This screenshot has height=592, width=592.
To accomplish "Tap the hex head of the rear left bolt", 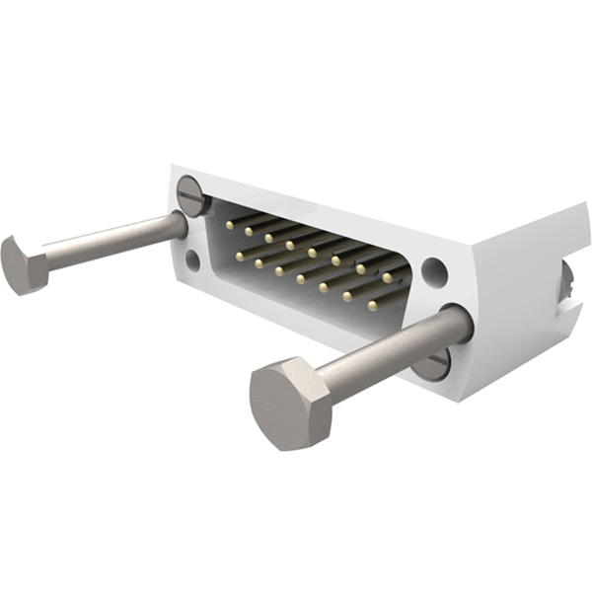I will point(23,263).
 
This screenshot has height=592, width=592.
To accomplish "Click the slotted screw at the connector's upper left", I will point(191,191).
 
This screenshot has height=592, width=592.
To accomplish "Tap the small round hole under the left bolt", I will point(191,260).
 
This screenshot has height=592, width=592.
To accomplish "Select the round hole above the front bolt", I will point(434,269).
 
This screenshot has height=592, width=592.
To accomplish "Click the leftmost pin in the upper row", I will point(229,224).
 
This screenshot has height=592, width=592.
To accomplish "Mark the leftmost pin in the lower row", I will point(239,257).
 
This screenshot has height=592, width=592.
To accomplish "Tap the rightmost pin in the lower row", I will point(372,306).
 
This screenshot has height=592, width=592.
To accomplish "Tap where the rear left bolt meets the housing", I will point(181,225).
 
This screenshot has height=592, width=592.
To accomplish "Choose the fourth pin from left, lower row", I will point(302,279).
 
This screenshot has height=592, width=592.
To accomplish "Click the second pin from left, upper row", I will point(249,232).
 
